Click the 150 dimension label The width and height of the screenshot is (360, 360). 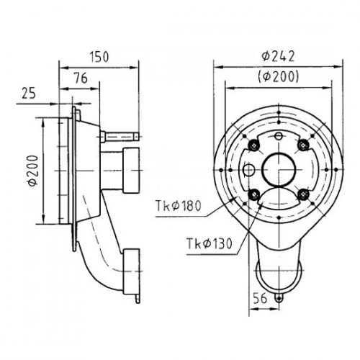coord(99,57)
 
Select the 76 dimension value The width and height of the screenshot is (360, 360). coord(81,78)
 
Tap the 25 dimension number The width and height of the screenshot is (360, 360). coord(29,93)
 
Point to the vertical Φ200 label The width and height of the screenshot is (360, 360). coord(33,171)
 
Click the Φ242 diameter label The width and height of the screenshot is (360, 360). coord(278,57)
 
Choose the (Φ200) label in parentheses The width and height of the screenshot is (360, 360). coord(279,77)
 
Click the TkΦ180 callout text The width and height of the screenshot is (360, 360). coord(178,206)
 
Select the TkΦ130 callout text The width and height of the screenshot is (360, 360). coord(210,243)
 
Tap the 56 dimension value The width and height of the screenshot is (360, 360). coord(260,298)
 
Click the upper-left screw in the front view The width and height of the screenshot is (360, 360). coord(254,145)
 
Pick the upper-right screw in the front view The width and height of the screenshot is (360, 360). coord(303,145)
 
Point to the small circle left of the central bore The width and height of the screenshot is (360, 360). coord(248,170)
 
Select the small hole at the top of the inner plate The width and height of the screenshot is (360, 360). coord(279,136)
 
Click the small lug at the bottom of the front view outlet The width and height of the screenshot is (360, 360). coord(279,298)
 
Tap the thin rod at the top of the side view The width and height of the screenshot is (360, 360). coord(120,136)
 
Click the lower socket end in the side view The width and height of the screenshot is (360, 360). coord(131,271)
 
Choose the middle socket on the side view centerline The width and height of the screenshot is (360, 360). coord(131,170)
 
